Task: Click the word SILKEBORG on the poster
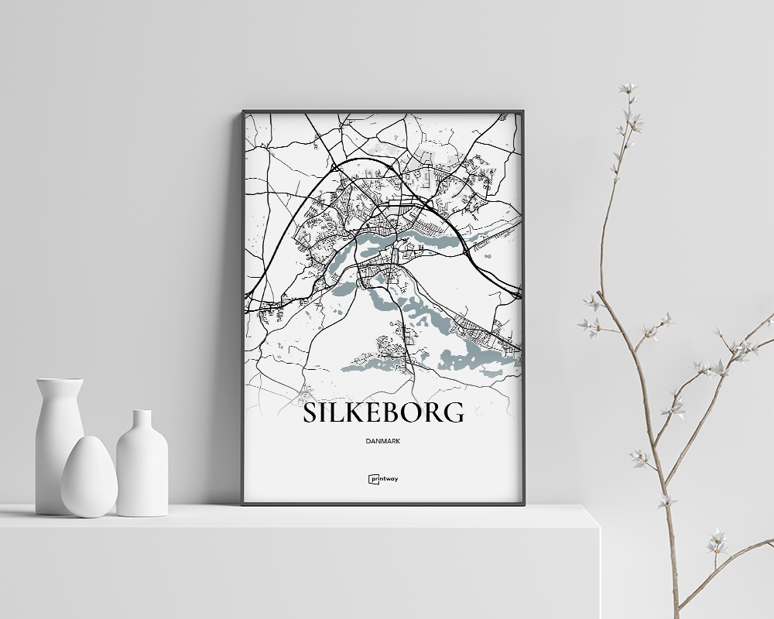pyautogui.click(x=383, y=412)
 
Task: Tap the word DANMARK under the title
pyautogui.click(x=383, y=441)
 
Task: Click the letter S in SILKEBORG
pyautogui.click(x=310, y=412)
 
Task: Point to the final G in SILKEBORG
pyautogui.click(x=454, y=412)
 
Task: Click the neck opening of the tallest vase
pyautogui.click(x=59, y=381)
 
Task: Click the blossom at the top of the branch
pyautogui.click(x=628, y=88)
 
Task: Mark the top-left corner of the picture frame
pyautogui.click(x=243, y=111)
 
